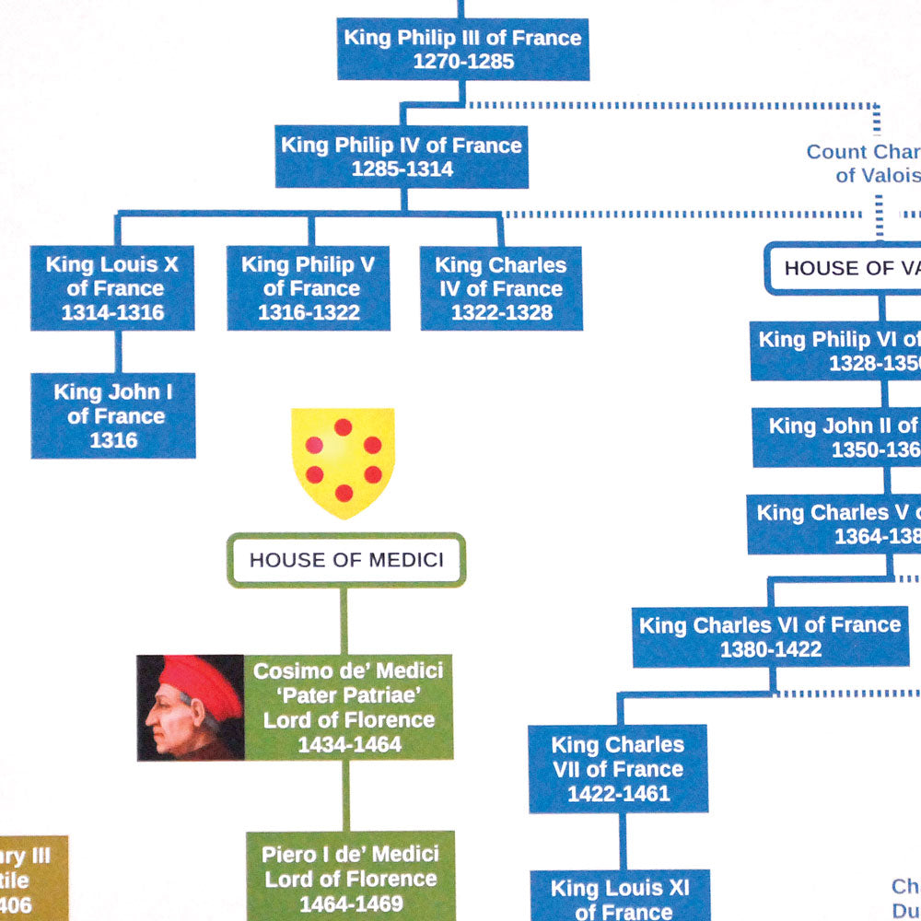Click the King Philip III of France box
tap(461, 49)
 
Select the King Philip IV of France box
tap(402, 157)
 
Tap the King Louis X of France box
tap(112, 288)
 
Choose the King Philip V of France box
tap(309, 288)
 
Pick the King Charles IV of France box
tap(501, 288)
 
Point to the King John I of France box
tap(113, 415)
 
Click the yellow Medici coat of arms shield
tap(343, 460)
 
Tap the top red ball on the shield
tap(343, 427)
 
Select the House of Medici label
tap(346, 559)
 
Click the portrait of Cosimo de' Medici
tap(191, 707)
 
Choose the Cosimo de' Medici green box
tap(349, 707)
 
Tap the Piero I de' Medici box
tap(350, 877)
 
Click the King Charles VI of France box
tap(770, 636)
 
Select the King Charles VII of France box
tap(618, 768)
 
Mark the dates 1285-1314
tap(402, 169)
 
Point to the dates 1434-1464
tap(349, 744)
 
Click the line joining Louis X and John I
tap(117, 351)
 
